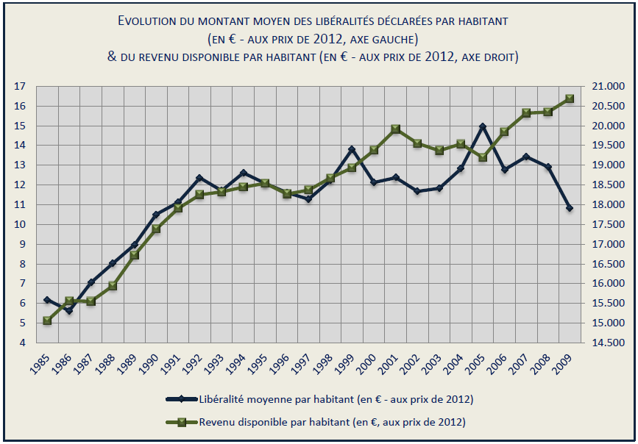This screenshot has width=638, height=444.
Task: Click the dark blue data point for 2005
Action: pos(482,127)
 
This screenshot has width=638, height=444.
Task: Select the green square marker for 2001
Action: pos(395,129)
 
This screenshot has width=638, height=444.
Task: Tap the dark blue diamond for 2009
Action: pos(570,208)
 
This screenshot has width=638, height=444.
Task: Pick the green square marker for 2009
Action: pos(570,99)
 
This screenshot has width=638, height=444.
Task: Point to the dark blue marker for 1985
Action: pos(47,300)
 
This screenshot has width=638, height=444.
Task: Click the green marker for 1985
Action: pos(47,321)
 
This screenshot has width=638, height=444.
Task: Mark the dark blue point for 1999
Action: pos(352,150)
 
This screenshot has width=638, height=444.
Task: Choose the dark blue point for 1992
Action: pos(199,178)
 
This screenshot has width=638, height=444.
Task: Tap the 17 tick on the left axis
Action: pos(20,87)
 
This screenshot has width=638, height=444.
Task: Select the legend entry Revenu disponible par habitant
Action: pos(332,422)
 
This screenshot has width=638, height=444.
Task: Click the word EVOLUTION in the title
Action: pos(151,21)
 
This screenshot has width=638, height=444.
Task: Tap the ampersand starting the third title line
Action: pos(112,57)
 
